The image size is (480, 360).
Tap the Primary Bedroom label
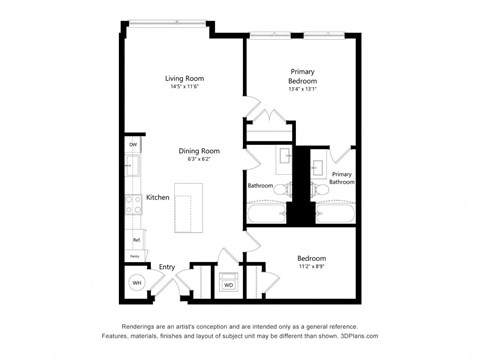(303, 76)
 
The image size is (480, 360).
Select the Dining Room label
(199, 151)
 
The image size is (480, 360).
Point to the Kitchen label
(158, 197)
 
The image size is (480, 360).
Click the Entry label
(167, 267)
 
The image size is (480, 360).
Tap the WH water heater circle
(136, 283)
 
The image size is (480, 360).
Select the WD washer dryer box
(228, 284)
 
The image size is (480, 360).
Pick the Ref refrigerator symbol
(133, 239)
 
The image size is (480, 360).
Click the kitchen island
(187, 208)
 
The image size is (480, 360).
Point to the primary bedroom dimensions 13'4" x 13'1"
(303, 89)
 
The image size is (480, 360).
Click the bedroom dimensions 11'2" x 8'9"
(311, 267)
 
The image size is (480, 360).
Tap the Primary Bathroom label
(343, 178)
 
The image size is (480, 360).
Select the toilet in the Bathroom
(283, 187)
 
